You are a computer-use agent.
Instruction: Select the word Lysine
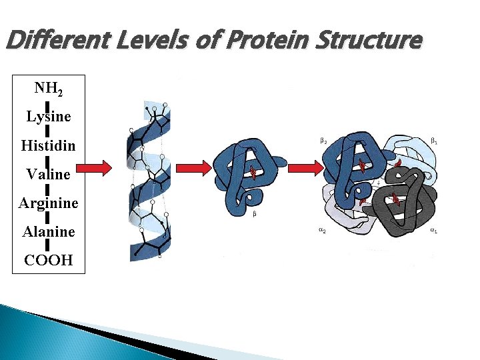[49, 117]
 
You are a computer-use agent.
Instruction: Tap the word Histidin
[49, 145]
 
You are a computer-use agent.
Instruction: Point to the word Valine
[49, 174]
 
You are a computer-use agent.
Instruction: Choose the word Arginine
[49, 203]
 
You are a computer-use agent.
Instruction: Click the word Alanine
[49, 231]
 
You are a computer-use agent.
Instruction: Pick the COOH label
[49, 260]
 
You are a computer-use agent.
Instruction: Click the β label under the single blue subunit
[255, 214]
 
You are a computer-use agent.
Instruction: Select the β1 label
[434, 141]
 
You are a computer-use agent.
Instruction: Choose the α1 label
[434, 231]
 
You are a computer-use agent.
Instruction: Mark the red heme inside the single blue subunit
[253, 173]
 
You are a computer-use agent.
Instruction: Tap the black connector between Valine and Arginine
[49, 189]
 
